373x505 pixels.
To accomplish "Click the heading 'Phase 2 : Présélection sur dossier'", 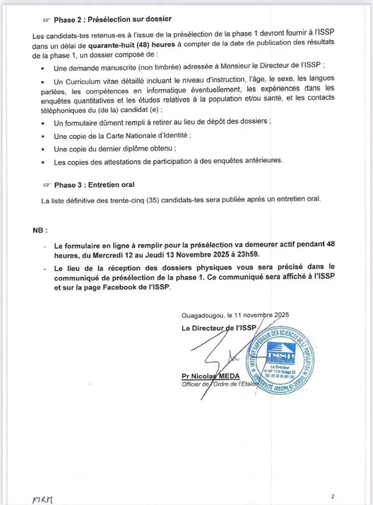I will point(113,19).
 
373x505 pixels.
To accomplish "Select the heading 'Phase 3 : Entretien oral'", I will point(94,185).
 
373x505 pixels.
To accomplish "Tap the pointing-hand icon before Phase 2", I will point(46,20).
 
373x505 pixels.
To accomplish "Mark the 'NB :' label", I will point(40,230).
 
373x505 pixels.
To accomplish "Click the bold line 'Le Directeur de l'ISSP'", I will point(219,328).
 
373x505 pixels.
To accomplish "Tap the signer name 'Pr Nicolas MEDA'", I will point(211,377).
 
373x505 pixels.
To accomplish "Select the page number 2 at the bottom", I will point(333,497).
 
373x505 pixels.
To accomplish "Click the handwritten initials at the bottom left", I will point(43,499).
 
